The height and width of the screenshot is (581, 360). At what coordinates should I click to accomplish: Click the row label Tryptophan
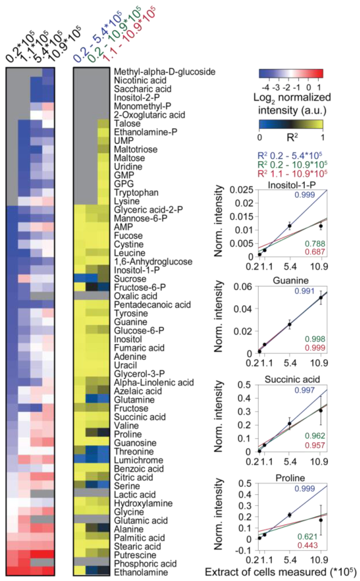136,193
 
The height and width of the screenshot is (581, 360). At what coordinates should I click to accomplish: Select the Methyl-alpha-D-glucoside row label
165,72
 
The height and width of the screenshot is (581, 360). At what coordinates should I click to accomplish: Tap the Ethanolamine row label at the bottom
141,572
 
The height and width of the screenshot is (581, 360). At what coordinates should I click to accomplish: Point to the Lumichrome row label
139,460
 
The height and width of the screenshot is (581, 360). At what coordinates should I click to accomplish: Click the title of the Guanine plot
291,280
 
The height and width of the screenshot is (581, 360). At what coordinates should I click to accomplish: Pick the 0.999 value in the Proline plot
304,489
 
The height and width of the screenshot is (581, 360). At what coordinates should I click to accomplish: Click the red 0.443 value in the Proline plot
308,545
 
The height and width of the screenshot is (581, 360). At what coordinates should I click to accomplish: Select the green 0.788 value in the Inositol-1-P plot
315,244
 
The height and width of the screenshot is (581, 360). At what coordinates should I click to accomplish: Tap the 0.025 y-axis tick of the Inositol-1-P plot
241,190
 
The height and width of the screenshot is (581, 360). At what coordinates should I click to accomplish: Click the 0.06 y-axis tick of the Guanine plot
243,287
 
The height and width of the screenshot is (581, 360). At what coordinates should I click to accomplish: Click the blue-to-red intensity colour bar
291,73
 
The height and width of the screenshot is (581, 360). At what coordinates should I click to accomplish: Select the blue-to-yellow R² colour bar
291,124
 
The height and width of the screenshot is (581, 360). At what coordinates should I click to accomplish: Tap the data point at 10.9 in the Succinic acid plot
320,410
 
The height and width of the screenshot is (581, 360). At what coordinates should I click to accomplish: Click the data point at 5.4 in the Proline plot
289,515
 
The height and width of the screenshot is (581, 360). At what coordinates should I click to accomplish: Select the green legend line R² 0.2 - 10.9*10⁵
292,164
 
